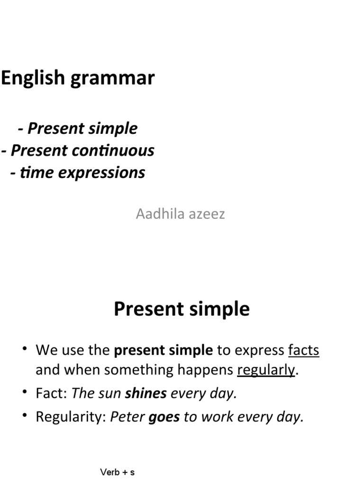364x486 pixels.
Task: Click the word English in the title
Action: tap(33, 78)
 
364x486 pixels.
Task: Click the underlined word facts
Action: tap(303, 350)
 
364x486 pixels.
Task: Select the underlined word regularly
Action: tap(266, 370)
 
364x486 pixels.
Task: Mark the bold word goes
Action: tap(164, 417)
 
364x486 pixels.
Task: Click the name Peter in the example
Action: tap(127, 417)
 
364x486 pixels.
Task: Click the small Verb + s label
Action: tap(118, 472)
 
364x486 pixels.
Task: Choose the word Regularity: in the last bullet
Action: tap(71, 417)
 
